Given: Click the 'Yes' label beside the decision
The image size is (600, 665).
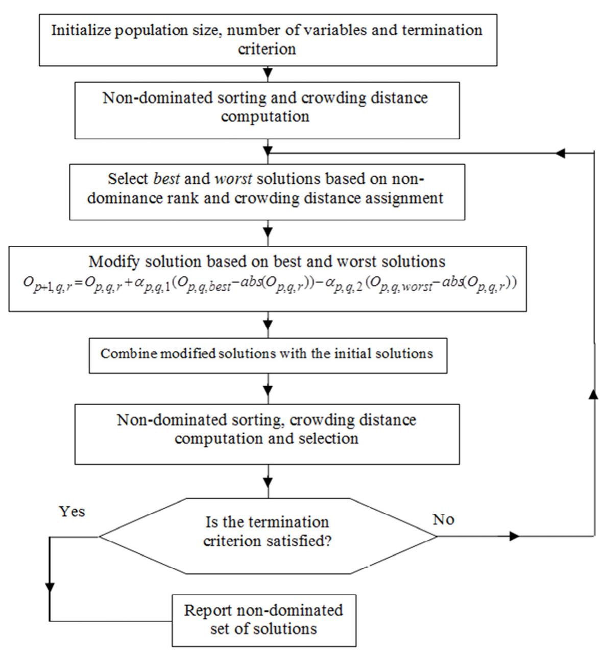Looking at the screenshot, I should click(71, 512).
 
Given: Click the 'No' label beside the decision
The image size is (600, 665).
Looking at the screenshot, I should click(443, 520).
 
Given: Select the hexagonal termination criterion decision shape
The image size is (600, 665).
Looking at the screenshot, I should click(268, 536).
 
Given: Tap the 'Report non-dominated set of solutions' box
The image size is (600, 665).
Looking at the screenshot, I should click(263, 620).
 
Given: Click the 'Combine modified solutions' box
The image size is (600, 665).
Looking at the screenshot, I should click(268, 353).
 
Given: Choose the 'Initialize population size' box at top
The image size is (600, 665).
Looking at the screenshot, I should click(268, 39).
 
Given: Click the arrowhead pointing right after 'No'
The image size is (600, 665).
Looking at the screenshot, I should click(514, 536).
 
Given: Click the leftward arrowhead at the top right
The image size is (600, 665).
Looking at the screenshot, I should click(560, 153).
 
